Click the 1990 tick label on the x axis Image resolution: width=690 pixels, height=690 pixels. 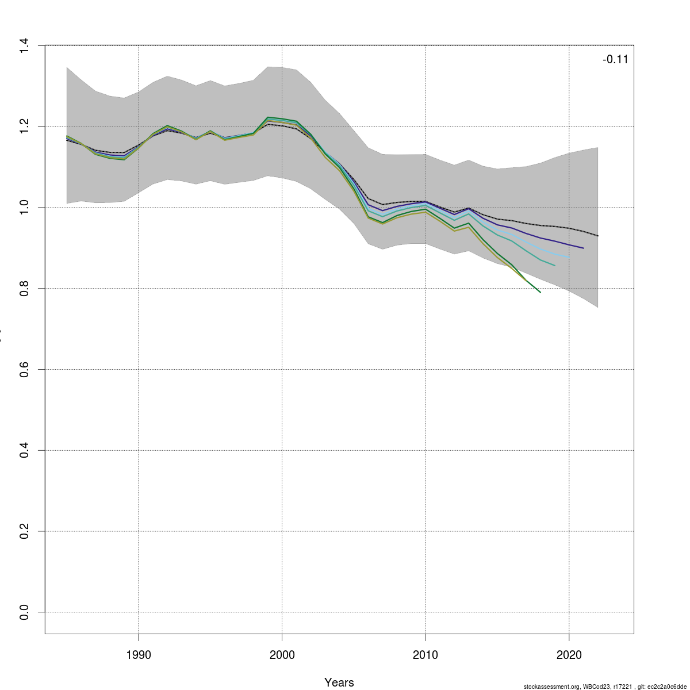coord(138,655)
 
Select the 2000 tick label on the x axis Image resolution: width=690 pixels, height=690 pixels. coord(282,655)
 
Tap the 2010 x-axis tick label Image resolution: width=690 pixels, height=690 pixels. coord(425,655)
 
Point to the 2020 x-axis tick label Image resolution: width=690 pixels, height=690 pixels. coord(569,655)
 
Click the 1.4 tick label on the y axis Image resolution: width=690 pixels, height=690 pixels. coord(24,45)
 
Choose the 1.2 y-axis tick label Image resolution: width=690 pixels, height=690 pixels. coord(24,126)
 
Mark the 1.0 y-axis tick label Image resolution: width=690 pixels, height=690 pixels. coord(24,208)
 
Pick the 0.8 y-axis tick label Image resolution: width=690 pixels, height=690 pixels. coord(24,288)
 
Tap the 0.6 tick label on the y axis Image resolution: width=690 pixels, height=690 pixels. coord(24,369)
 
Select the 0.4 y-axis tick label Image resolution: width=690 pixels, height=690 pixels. coord(24,450)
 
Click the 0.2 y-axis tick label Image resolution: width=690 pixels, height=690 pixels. coord(24,531)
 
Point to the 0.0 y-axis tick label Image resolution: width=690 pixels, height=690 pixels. coord(24,612)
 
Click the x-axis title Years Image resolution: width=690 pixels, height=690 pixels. coord(339,683)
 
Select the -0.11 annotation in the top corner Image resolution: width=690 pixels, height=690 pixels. coord(615,59)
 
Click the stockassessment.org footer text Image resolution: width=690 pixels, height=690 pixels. coord(605,687)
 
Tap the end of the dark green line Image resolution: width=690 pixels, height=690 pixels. coord(540,292)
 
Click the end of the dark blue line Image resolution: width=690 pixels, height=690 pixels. coord(584,248)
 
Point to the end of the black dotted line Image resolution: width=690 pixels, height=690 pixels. coord(598,236)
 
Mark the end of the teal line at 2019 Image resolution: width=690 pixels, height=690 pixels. coord(555,266)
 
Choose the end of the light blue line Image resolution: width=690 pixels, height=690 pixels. coord(569,258)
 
